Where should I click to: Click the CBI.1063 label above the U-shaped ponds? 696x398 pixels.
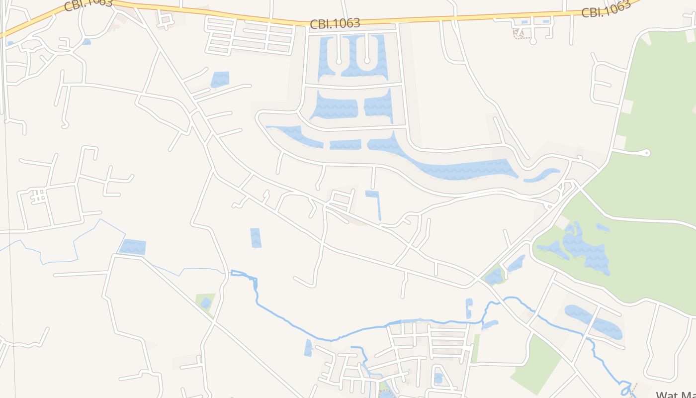coord(335,23)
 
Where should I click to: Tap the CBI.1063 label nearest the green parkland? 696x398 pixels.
coord(606,9)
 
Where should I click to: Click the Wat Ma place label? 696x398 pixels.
coord(675,395)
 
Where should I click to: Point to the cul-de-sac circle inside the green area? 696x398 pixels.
coord(647,153)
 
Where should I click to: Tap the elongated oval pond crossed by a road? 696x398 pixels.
coord(594,321)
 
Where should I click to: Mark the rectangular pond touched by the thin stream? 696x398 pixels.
coord(133,246)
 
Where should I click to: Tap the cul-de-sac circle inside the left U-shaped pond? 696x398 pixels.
coord(339,61)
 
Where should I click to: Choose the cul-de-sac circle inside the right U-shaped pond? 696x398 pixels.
coord(367,61)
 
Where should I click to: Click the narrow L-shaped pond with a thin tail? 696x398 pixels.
coord(374,199)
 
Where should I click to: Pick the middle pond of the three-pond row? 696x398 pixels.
coord(345,144)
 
